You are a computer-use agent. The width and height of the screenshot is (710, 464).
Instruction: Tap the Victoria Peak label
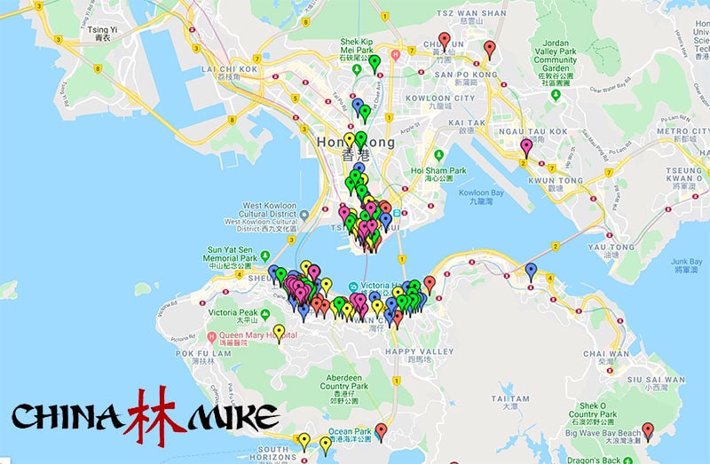click(232, 313)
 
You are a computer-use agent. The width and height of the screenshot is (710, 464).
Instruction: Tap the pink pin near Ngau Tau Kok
click(526, 147)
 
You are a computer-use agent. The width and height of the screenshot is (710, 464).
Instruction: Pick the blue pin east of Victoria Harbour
click(531, 271)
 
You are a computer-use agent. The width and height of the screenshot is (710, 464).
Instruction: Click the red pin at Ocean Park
click(381, 431)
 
